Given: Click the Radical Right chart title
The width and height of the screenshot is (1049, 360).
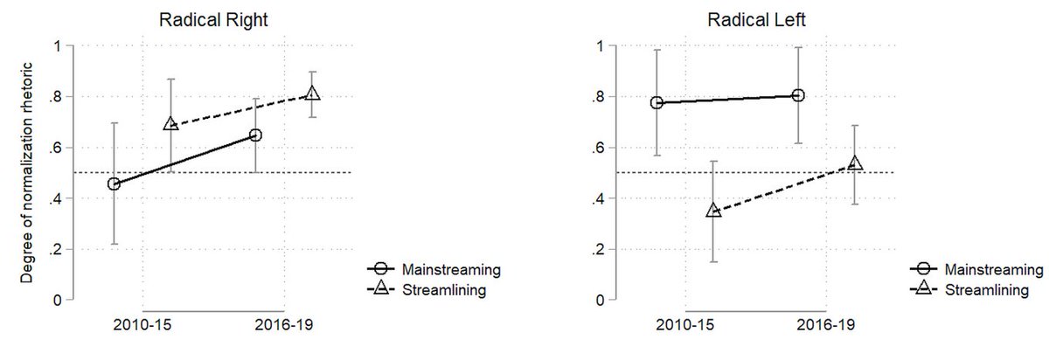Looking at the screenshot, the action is click(x=213, y=20).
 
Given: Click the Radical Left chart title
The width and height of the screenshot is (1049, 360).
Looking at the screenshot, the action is click(x=756, y=20).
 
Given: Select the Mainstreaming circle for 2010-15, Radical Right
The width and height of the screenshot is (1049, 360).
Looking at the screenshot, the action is click(x=114, y=184).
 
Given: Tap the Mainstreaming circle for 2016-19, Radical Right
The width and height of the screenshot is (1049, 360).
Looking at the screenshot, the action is click(x=255, y=135).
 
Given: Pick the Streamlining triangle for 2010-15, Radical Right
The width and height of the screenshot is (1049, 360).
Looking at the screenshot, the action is click(x=171, y=124).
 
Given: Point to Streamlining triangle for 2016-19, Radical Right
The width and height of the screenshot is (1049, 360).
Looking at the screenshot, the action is click(x=312, y=93).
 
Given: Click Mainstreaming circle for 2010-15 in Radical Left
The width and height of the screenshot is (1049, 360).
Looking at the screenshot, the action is click(x=657, y=102).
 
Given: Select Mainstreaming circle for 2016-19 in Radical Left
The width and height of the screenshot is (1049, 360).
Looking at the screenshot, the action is click(x=798, y=95).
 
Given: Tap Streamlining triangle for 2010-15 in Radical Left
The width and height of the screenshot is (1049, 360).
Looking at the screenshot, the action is click(x=713, y=211).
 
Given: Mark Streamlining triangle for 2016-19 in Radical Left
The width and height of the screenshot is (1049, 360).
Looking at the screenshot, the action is click(x=855, y=163).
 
